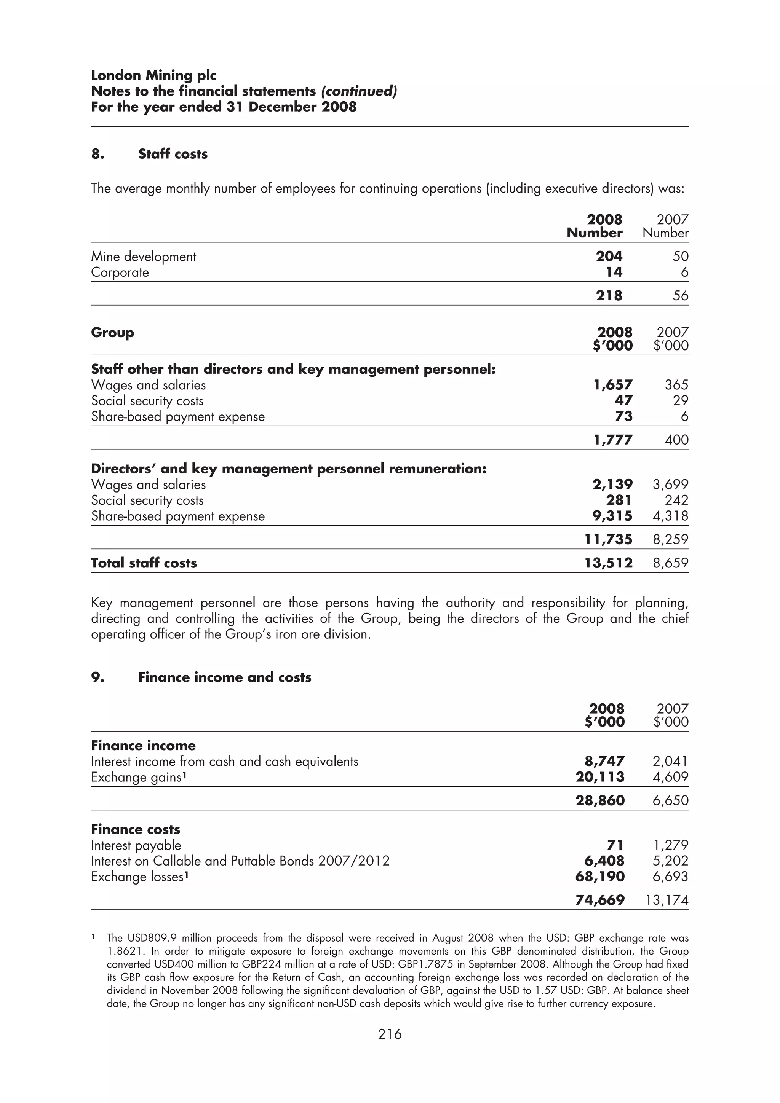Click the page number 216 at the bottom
[x=389, y=1034]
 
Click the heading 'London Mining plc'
[x=153, y=75]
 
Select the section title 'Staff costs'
[x=173, y=154]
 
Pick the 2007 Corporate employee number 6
[x=684, y=273]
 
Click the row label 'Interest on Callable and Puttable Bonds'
[x=240, y=861]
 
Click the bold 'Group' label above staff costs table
[x=112, y=332]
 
